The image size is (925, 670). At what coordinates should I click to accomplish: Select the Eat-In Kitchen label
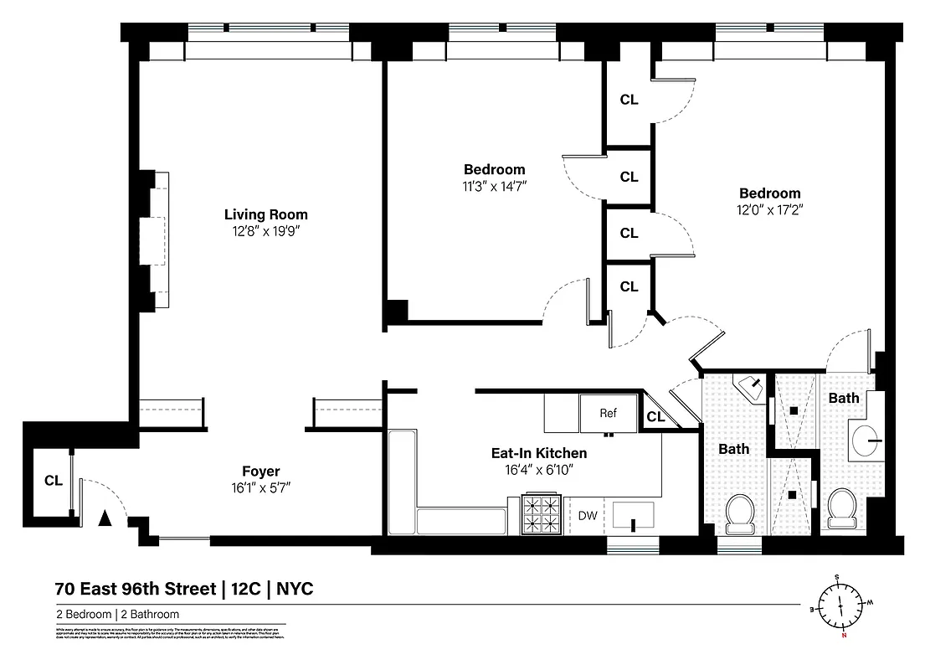pos(538,453)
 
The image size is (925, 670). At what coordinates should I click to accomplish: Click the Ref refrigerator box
pos(608,413)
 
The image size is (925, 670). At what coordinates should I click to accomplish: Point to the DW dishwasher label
pos(588,516)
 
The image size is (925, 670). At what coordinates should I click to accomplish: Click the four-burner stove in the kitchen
pos(542,514)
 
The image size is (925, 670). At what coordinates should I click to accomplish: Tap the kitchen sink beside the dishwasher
pos(634,515)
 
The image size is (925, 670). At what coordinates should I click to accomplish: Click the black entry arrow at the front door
pos(105,519)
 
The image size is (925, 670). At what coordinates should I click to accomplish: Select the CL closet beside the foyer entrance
pos(54,481)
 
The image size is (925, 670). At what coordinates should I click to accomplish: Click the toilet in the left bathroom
pos(738,513)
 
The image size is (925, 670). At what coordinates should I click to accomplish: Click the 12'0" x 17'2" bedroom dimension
pos(768,209)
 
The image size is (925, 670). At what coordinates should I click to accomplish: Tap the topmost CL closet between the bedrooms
pos(629,100)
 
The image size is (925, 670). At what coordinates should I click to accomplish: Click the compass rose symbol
pos(842,604)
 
